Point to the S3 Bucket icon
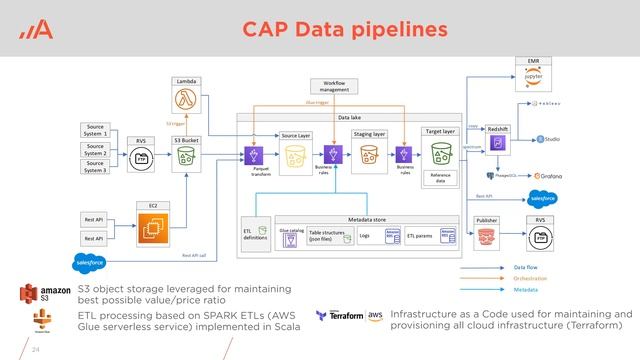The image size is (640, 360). coord(186,158)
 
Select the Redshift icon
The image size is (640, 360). coord(497,146)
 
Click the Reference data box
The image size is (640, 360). coord(437,177)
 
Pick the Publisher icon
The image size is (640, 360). coord(488,236)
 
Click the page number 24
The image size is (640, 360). coord(36,350)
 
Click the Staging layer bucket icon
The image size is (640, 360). coord(368,153)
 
